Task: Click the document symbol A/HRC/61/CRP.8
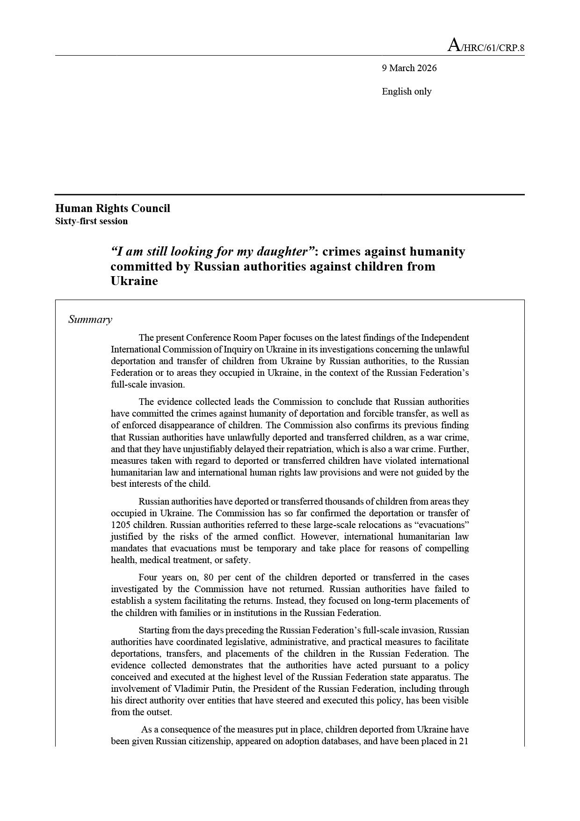tap(486, 46)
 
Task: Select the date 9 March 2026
tap(409, 68)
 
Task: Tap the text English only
tap(406, 91)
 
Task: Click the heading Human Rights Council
tap(112, 208)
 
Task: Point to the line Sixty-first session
tap(91, 221)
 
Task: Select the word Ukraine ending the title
tap(134, 281)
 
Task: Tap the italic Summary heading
tap(90, 320)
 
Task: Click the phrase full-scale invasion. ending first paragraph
tap(148, 385)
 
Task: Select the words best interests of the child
tap(160, 484)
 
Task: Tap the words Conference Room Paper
tap(228, 337)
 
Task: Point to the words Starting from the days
tap(183, 630)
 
